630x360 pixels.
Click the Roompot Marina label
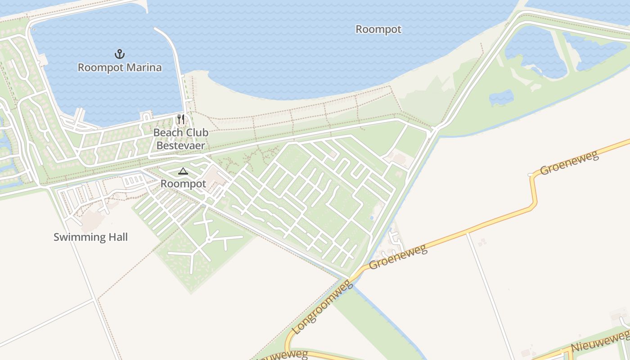pos(120,67)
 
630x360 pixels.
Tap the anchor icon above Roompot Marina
pos(119,54)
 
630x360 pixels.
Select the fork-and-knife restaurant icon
pos(181,119)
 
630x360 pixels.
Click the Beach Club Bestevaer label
pos(181,139)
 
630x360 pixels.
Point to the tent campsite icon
pos(183,171)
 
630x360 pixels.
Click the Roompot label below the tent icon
pos(183,184)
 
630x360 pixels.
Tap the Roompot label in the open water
pos(378,29)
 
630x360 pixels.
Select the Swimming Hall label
pos(90,237)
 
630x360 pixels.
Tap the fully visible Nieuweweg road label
pos(600,341)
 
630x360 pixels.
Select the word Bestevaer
pos(181,145)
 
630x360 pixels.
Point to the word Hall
pos(116,237)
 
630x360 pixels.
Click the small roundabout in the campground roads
pos(209,239)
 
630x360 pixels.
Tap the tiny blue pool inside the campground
pos(371,217)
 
